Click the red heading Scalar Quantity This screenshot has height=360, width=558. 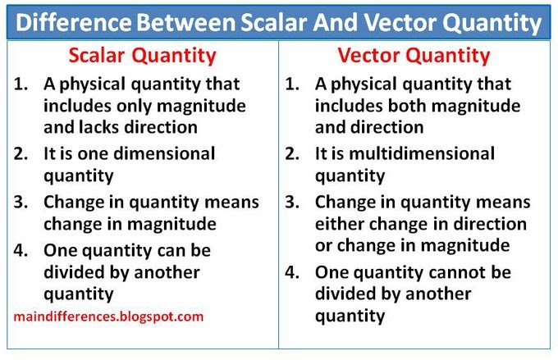(x=142, y=57)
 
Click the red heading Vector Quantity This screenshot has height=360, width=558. (x=414, y=57)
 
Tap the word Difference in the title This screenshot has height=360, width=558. (x=74, y=23)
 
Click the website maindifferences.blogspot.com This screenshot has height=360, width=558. (x=108, y=317)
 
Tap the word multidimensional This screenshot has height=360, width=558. (x=422, y=153)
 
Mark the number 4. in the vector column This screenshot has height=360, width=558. (x=292, y=272)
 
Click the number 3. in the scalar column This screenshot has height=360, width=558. (x=21, y=202)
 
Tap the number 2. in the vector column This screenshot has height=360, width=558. (x=292, y=153)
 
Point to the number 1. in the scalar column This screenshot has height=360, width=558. (x=21, y=84)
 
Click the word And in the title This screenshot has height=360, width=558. (x=336, y=23)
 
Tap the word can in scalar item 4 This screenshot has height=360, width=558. (x=172, y=251)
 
